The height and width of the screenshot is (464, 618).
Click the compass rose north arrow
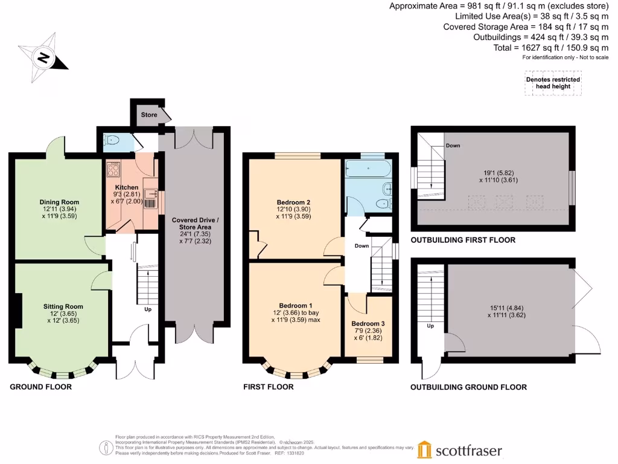(43, 57)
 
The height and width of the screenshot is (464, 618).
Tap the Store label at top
(149, 115)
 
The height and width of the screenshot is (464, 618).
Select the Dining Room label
(59, 202)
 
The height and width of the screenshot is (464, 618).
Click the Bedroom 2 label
(294, 202)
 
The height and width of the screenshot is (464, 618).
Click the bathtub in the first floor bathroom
(368, 169)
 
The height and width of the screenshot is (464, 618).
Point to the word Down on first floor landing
(362, 246)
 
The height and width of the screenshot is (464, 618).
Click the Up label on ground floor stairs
(147, 309)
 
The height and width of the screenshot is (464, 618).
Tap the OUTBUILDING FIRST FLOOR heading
(463, 240)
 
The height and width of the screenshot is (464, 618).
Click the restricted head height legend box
(553, 83)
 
